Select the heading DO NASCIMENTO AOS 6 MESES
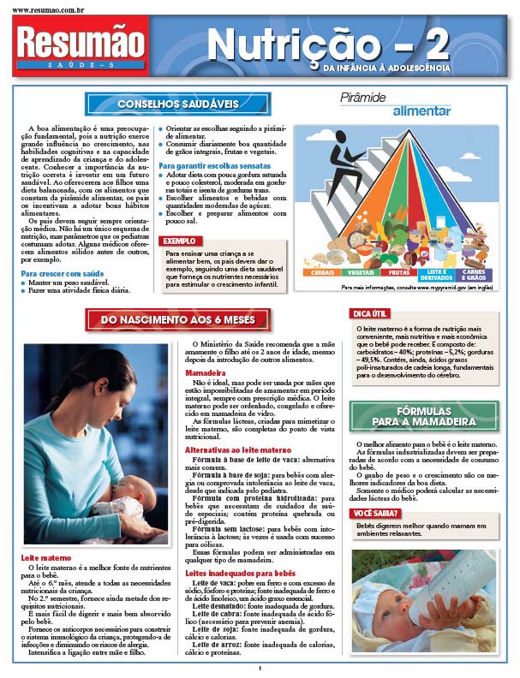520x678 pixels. pyautogui.click(x=178, y=320)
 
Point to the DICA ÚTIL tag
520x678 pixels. pyautogui.click(x=371, y=315)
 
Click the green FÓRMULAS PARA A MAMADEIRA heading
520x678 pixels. pyautogui.click(x=424, y=416)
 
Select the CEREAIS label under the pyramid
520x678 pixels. pyautogui.click(x=323, y=271)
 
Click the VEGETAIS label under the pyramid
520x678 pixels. pyautogui.click(x=361, y=271)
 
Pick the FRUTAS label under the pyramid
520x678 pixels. pyautogui.click(x=398, y=271)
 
